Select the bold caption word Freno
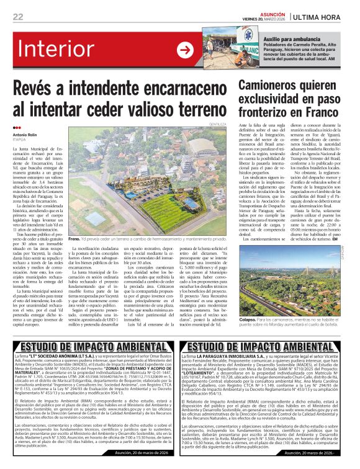pos(74,238)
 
